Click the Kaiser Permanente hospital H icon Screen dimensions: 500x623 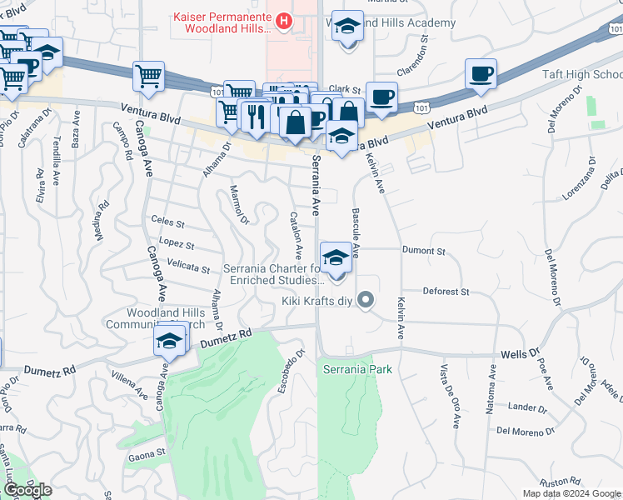coord(284,20)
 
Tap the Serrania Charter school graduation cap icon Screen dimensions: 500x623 coord(336,257)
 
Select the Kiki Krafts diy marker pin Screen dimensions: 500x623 coord(365,300)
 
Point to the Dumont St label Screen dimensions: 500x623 coord(424,250)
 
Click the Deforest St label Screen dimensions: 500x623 coord(446,292)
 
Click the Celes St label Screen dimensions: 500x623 coord(167,222)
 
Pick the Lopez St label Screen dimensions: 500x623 coord(176,245)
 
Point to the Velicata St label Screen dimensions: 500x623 coord(188,267)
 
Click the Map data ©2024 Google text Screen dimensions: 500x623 coord(571,493)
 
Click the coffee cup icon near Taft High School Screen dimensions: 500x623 coord(481,73)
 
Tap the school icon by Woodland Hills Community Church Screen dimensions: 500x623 coord(169,341)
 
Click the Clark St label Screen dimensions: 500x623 coord(344,88)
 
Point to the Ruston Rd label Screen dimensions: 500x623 coord(559,482)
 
